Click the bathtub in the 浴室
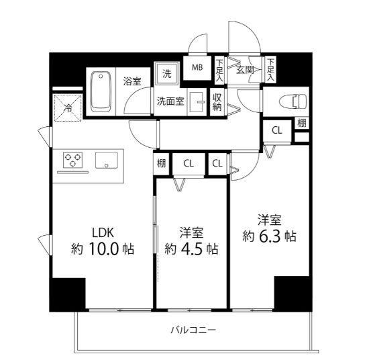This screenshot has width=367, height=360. click(x=101, y=91)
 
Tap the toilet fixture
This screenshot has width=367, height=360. click(x=293, y=101)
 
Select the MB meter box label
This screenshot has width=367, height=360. click(x=197, y=67)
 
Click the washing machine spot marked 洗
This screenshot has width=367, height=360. click(x=167, y=74)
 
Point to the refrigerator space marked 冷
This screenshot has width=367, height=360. click(x=68, y=108)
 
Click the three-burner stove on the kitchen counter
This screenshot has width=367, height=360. click(x=72, y=160)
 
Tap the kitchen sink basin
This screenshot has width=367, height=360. click(x=107, y=161)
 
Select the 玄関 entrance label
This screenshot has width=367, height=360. click(x=245, y=70)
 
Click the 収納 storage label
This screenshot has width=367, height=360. click(x=217, y=102)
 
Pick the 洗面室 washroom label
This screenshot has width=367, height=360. click(x=170, y=101)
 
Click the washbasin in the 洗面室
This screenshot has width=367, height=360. click(x=197, y=102)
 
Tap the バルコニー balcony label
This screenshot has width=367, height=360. click(x=193, y=330)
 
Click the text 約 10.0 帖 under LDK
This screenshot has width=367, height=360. click(x=103, y=249)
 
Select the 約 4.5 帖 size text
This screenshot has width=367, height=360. click(x=191, y=249)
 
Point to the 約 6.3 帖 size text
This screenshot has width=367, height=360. click(x=270, y=236)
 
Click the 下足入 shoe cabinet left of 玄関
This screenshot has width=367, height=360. click(x=219, y=71)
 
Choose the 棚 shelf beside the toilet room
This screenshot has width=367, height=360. click(x=302, y=123)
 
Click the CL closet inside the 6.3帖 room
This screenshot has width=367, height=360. click(x=277, y=130)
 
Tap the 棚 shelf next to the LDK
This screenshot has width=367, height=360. click(x=161, y=163)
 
